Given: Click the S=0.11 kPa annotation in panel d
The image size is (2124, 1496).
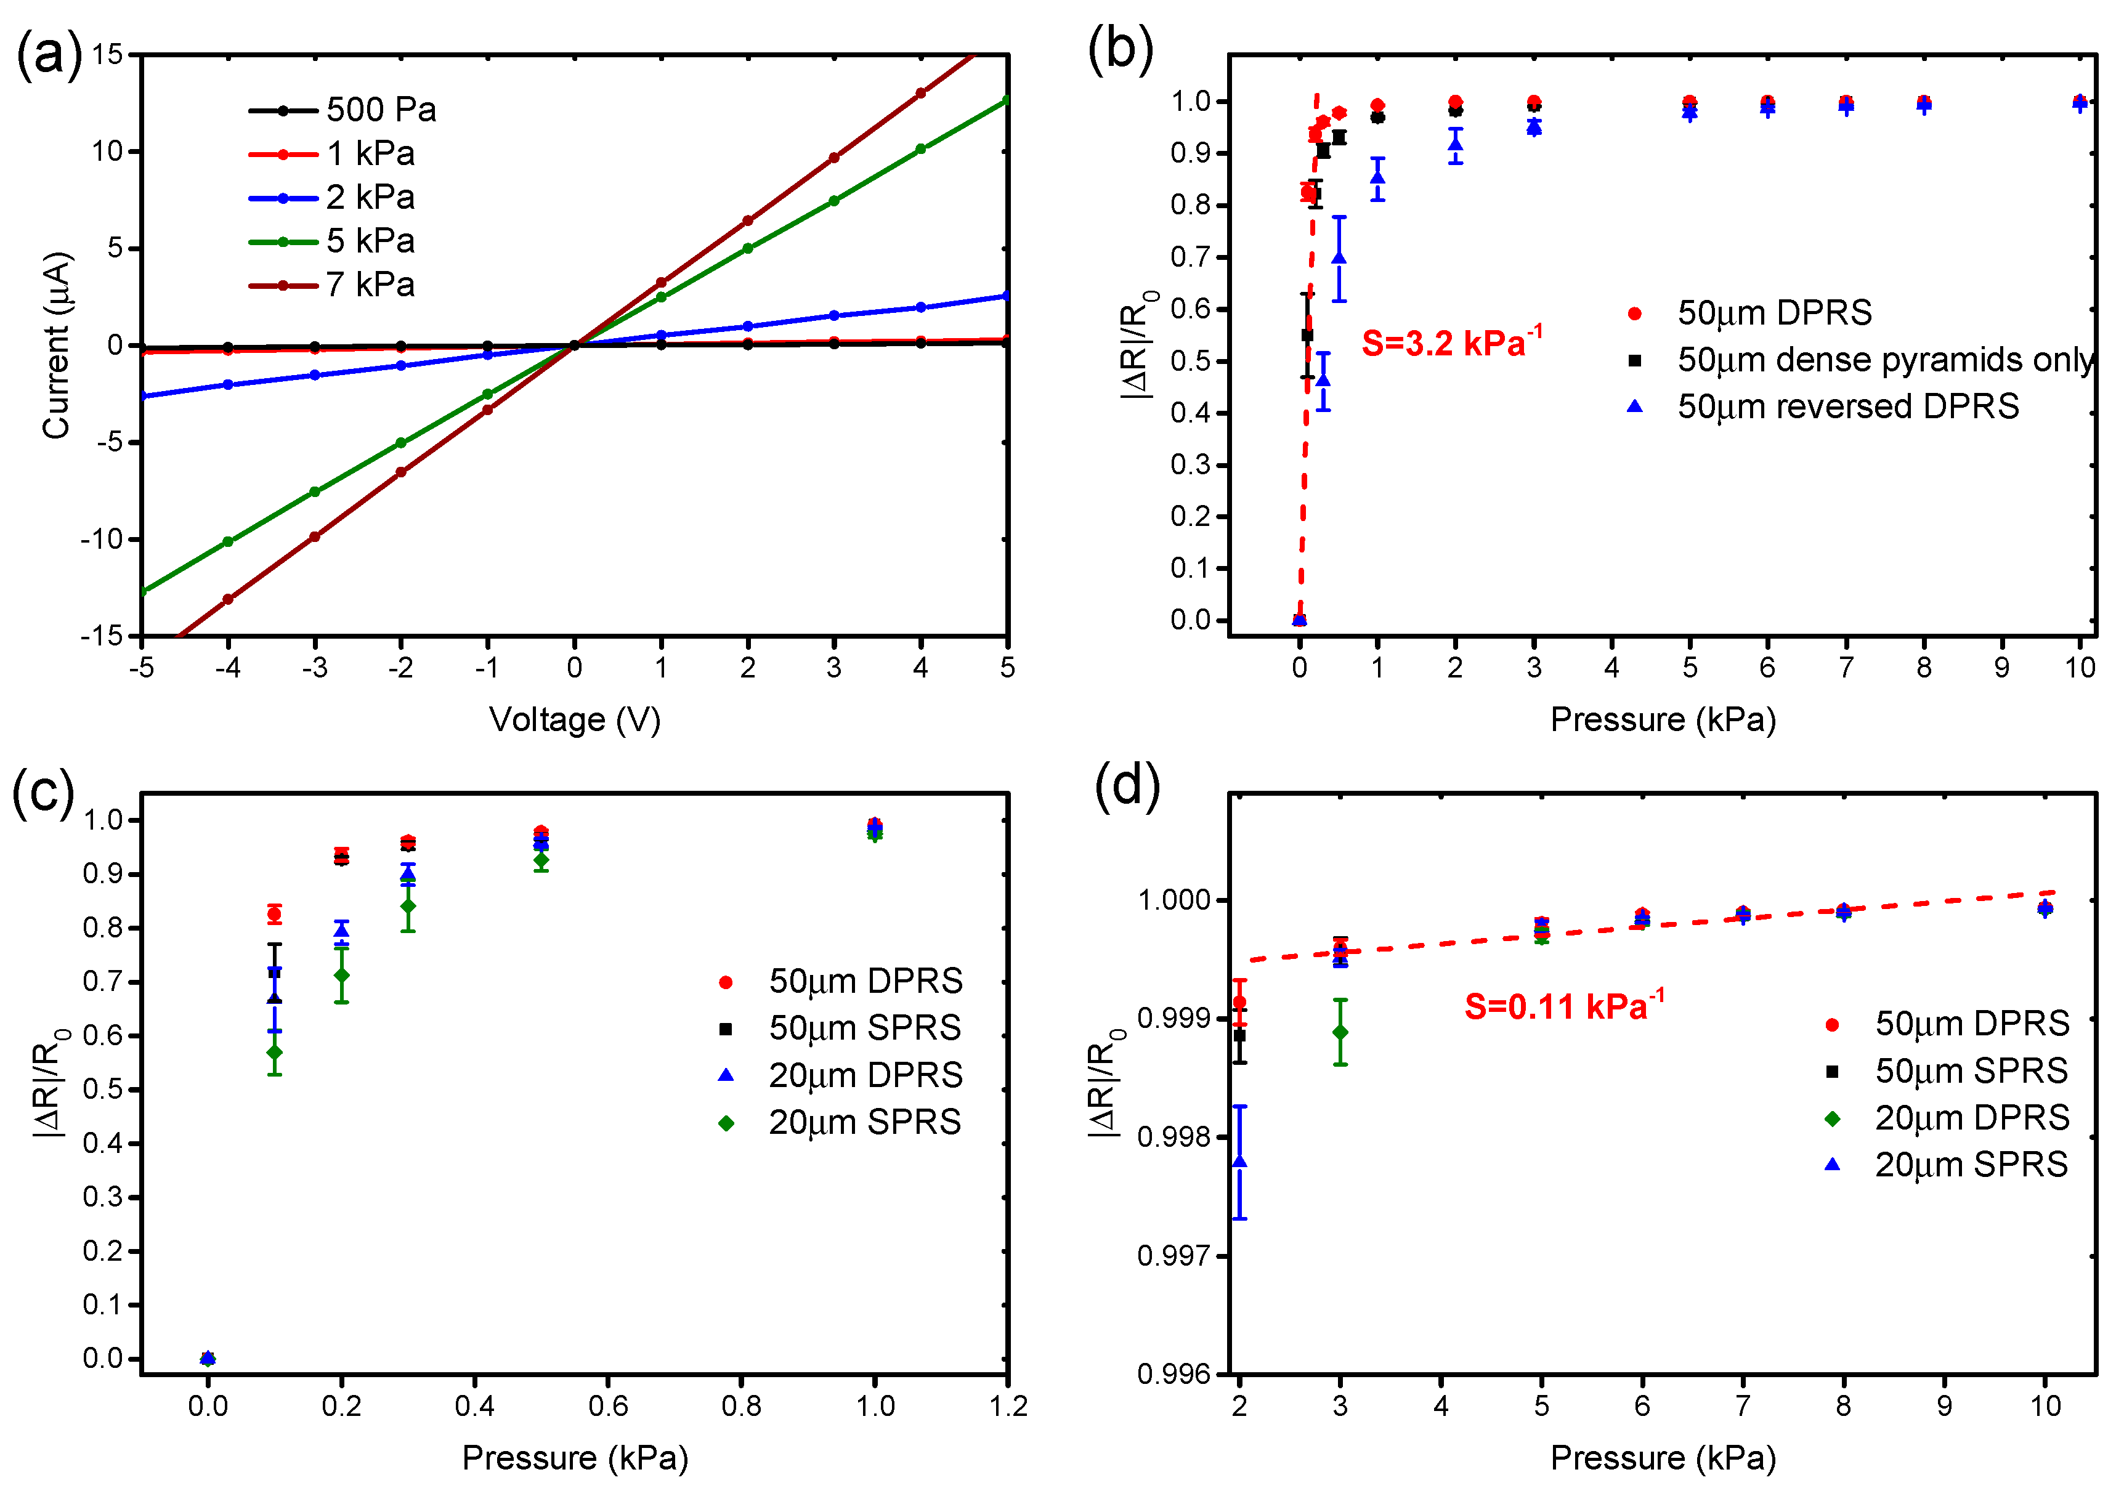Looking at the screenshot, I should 1563,1006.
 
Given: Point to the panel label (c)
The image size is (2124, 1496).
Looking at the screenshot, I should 43,793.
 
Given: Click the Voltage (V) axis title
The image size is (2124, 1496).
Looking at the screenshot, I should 575,719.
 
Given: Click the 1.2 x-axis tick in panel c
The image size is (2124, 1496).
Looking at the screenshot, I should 1007,1406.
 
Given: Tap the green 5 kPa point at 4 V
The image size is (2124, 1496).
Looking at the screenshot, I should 920,149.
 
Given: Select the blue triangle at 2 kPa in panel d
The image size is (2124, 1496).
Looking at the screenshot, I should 1239,1161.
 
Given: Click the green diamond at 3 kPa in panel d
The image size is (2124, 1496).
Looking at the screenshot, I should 1340,1032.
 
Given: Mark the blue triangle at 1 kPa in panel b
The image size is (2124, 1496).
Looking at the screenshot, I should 1377,177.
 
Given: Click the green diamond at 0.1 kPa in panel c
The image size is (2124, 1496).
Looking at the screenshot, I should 275,1052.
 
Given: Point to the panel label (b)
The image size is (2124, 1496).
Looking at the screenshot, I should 1119,48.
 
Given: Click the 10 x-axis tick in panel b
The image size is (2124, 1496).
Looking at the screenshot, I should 2080,667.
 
